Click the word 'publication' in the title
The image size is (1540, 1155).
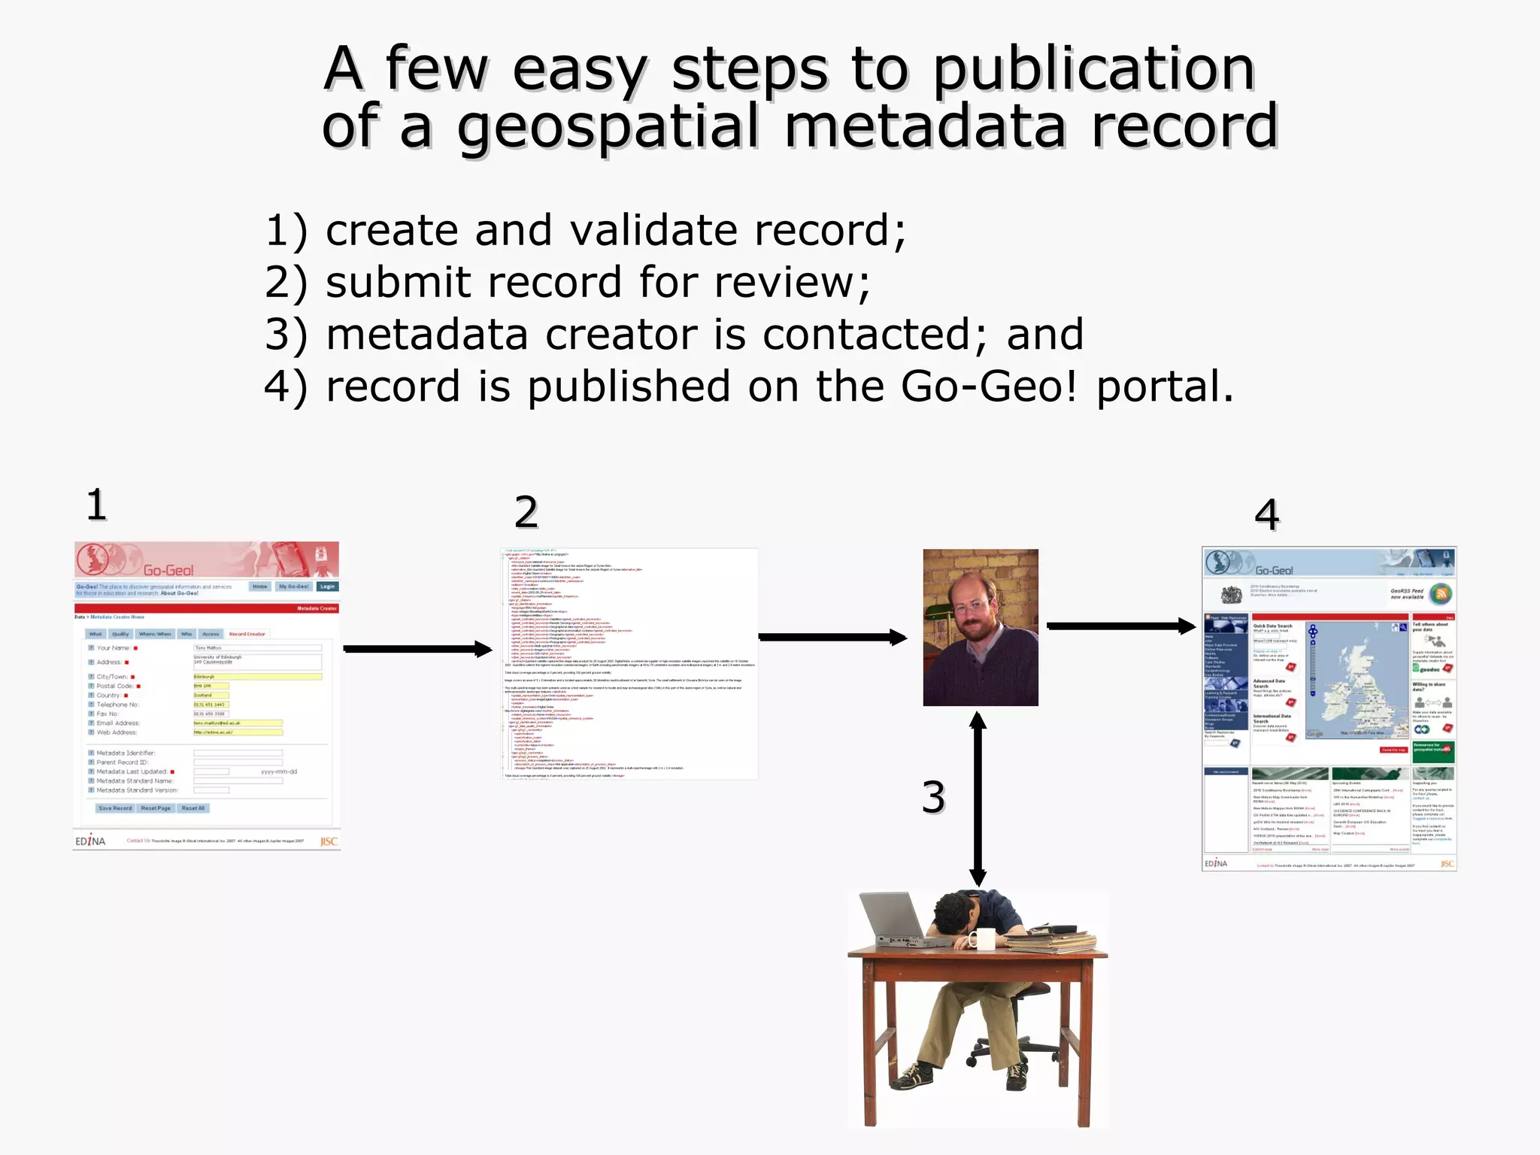pyautogui.click(x=1094, y=70)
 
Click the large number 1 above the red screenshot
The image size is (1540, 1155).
pyautogui.click(x=96, y=505)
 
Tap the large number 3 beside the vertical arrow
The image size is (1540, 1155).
pyautogui.click(x=933, y=797)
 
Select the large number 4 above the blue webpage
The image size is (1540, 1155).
pyautogui.click(x=1266, y=515)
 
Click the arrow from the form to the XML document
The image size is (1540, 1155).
pyautogui.click(x=417, y=649)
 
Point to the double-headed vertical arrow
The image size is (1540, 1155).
pyautogui.click(x=978, y=799)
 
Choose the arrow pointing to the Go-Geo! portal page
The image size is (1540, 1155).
pyautogui.click(x=1120, y=626)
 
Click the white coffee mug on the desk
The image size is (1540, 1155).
pyautogui.click(x=983, y=938)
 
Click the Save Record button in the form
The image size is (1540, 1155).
pyautogui.click(x=115, y=808)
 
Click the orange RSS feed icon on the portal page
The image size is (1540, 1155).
pyautogui.click(x=1441, y=593)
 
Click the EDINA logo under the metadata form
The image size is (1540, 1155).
pyautogui.click(x=90, y=841)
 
